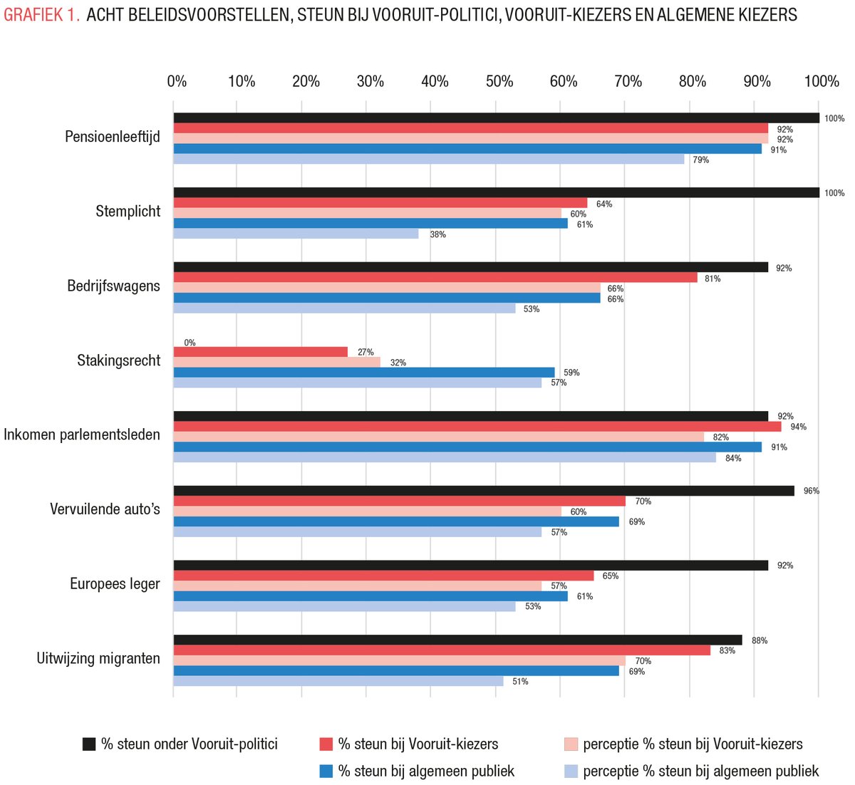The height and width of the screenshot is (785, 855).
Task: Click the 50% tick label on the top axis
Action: pos(499,82)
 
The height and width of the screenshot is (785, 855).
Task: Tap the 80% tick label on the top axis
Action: pos(693,82)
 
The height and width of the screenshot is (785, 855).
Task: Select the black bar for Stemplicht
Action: pos(496,192)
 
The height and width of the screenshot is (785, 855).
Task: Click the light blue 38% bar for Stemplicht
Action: pos(296,234)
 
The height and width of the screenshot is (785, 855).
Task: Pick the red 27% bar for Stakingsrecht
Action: pos(261,352)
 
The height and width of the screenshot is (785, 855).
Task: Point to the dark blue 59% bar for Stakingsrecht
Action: pos(364,373)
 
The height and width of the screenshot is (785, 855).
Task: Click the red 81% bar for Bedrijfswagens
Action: pos(435,278)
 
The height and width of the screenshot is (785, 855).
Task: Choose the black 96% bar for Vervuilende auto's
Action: pos(484,491)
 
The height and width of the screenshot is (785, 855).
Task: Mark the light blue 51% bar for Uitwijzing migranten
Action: pos(338,681)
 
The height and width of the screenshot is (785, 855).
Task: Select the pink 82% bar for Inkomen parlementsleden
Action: pos(439,437)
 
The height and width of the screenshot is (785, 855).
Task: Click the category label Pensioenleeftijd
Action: pos(113,137)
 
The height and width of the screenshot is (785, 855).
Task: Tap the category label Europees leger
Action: pos(115,584)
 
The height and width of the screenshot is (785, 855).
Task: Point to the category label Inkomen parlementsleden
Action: pos(82,435)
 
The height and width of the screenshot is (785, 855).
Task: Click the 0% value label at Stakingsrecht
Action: pos(190,343)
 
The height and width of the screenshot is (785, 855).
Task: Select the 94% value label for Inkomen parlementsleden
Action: pos(798,427)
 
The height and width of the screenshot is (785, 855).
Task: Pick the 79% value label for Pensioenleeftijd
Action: pos(701,160)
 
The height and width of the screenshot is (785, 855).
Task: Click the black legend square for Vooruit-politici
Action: pos(89,744)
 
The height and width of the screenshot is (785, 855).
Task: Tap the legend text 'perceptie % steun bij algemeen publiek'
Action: pos(700,771)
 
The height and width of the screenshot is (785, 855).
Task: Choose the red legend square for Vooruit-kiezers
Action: pos(326,744)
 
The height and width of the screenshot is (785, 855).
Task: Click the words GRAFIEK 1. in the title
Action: pos(41,15)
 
